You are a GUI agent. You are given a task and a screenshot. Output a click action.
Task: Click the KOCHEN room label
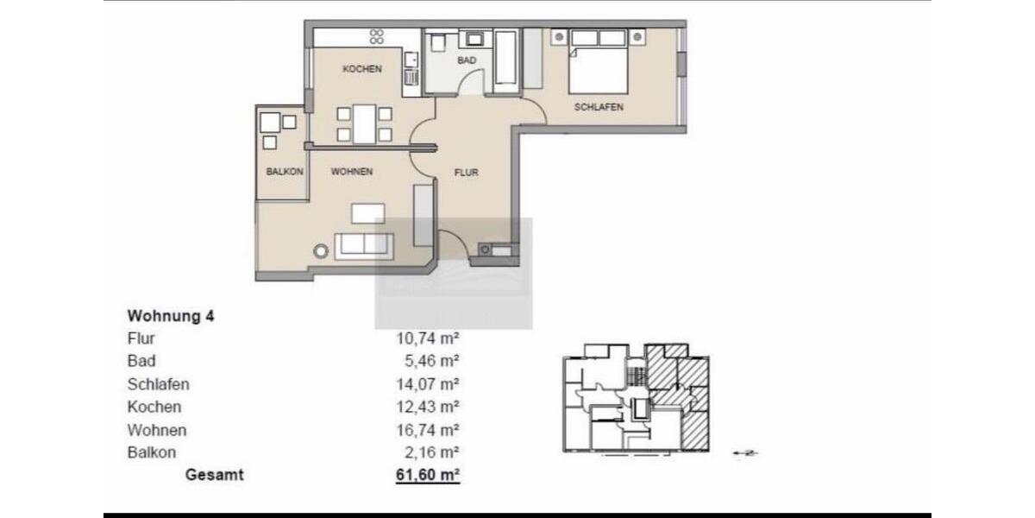pos(362,69)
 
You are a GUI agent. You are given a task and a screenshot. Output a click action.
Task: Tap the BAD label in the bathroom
pos(467,60)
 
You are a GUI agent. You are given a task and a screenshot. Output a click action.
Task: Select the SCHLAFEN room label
pos(599,107)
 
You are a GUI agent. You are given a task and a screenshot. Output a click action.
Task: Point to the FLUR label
pos(467,173)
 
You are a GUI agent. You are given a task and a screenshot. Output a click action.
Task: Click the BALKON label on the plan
pos(285,172)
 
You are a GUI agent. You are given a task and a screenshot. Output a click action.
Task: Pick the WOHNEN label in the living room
pos(352,172)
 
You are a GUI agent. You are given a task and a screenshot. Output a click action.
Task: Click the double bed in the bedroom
pos(599,62)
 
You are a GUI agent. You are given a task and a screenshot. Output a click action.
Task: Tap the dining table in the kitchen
pos(364,123)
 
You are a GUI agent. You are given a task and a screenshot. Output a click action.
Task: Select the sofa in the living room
pos(364,244)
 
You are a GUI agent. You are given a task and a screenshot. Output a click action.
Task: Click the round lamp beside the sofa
pos(322,251)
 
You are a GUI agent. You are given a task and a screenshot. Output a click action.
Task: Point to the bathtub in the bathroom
pos(507,60)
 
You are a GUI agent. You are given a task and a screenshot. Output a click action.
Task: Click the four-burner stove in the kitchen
pos(377,36)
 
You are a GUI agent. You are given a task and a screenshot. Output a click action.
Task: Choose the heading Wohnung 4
pos(171,316)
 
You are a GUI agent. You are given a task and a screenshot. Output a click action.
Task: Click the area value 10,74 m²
pos(427,339)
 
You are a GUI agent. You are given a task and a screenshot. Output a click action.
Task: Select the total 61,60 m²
pos(427,475)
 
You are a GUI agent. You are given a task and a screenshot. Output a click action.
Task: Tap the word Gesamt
pos(215,475)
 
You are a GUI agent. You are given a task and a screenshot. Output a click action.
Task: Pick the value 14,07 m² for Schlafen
pos(427,384)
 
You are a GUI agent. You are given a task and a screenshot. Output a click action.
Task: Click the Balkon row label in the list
pos(152,452)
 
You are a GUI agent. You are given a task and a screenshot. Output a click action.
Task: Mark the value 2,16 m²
pos(430,452)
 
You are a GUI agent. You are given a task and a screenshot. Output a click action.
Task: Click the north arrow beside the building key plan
pos(744,452)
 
